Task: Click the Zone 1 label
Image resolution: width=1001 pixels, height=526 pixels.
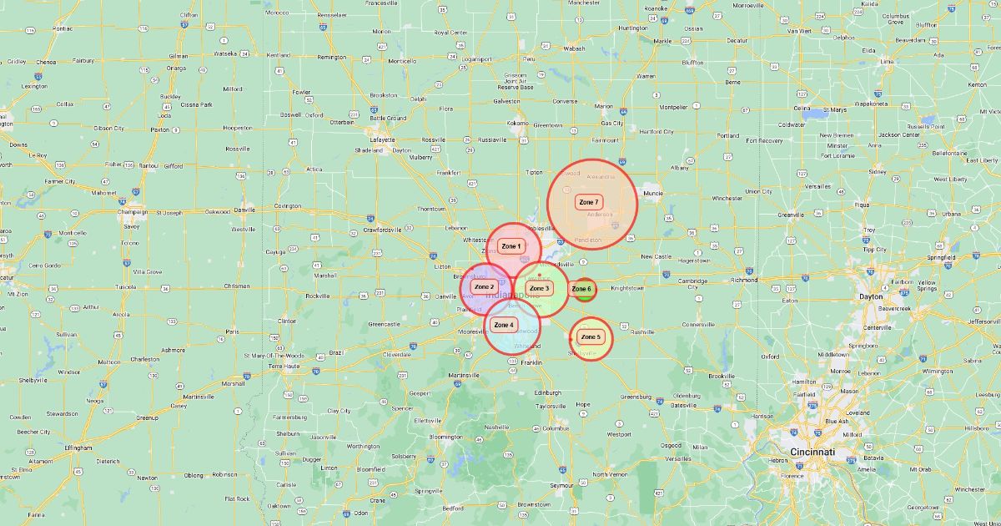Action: (511, 246)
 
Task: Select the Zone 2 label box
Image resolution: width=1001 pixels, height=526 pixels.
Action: (484, 287)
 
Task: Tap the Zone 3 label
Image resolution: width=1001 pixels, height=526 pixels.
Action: (540, 289)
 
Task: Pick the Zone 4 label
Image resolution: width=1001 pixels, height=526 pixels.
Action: (504, 325)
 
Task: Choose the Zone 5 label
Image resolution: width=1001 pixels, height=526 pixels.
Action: (591, 337)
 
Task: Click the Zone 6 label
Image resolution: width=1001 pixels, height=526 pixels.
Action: (581, 290)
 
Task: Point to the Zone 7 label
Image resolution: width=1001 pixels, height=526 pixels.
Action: (589, 203)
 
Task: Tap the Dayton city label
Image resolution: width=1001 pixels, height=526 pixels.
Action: (871, 296)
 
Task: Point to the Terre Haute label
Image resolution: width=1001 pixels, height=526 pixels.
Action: (284, 366)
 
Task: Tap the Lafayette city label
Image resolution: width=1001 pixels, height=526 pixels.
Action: (383, 139)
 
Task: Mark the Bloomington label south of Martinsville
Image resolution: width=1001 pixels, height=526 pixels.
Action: (446, 437)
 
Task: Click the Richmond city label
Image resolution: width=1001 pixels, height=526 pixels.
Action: (743, 280)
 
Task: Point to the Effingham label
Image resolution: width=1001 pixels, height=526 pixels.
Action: (77, 448)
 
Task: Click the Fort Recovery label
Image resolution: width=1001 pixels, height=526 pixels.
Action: (764, 140)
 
